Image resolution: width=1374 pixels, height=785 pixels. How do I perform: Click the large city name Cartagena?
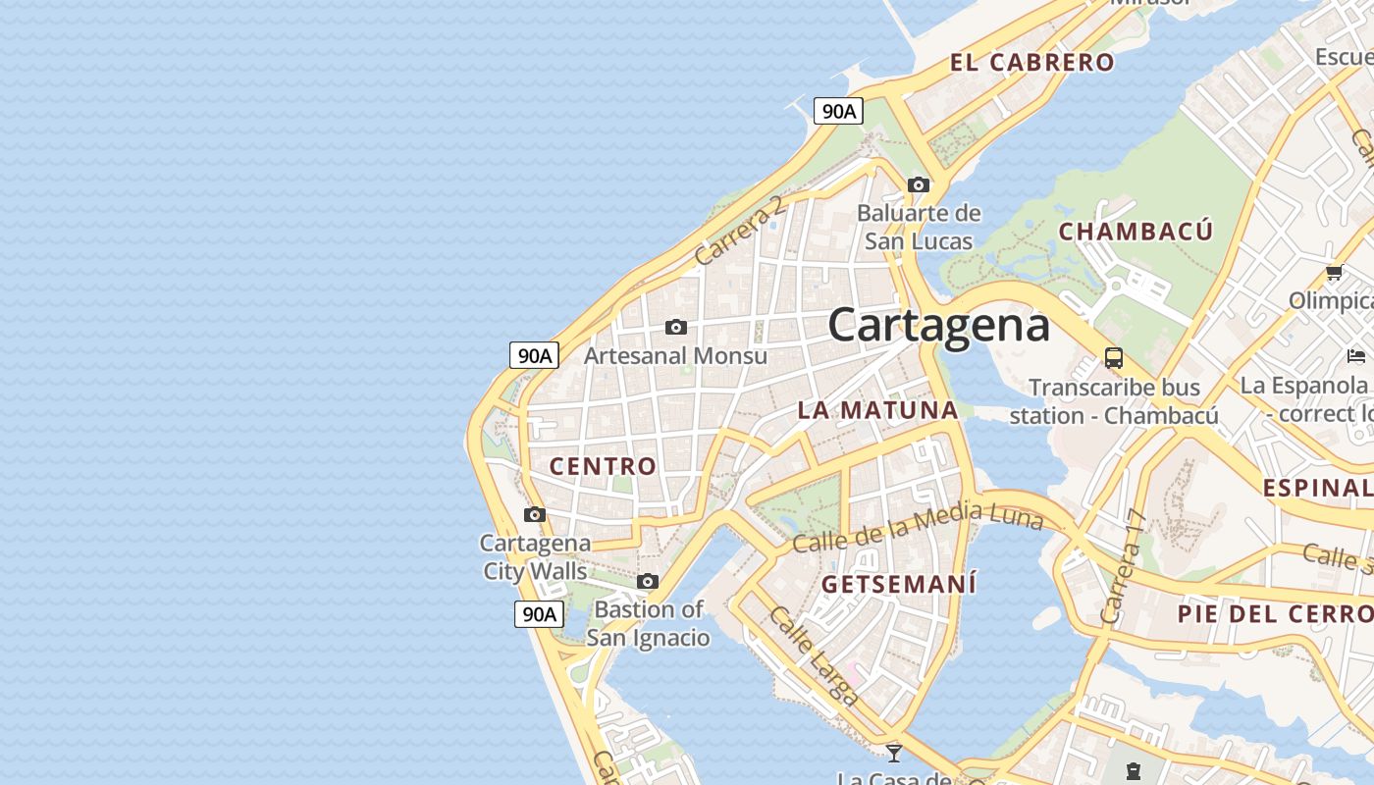(938, 326)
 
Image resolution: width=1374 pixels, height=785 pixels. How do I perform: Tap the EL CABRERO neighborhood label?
(1031, 63)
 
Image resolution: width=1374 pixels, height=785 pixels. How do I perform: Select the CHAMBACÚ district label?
(1136, 232)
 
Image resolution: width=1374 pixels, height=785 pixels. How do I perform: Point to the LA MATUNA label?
(877, 410)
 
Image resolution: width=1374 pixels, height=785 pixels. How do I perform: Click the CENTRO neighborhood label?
(603, 466)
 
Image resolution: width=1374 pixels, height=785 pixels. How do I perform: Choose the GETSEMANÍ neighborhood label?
(899, 585)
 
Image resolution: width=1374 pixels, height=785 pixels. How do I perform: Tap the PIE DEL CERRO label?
(1275, 614)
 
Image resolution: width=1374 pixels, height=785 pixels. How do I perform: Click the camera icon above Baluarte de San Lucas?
(919, 184)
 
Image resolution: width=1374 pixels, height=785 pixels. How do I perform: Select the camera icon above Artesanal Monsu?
(675, 327)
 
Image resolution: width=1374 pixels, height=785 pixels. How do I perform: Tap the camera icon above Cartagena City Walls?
(535, 514)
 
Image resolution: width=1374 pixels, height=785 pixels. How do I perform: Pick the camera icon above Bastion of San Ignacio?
(647, 581)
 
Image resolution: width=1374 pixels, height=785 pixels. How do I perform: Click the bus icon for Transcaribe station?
(1114, 357)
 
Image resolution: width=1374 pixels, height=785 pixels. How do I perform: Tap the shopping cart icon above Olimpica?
(1334, 273)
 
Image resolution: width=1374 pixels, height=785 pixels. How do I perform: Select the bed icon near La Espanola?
(1356, 355)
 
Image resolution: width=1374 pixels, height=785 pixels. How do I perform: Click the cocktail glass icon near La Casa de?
(893, 753)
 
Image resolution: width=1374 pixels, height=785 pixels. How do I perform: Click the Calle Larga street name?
(815, 655)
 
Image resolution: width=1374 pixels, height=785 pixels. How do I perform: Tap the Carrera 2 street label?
(740, 231)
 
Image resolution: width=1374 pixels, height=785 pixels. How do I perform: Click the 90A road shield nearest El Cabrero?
(837, 111)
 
